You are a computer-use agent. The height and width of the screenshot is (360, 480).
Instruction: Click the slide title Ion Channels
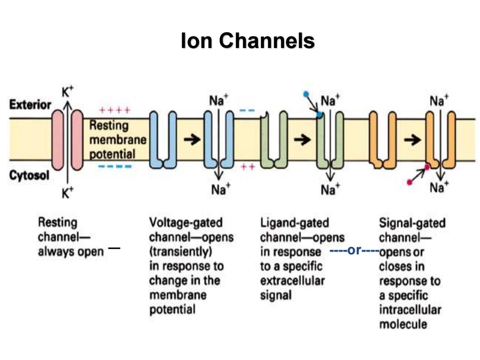click(x=248, y=40)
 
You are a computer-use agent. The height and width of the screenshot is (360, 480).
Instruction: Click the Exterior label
click(x=30, y=105)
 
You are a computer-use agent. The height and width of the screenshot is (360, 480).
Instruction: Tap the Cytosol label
click(x=29, y=176)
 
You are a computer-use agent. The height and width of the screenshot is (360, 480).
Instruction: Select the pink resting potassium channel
click(x=68, y=140)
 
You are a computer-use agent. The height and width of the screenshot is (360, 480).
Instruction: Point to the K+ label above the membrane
click(x=68, y=92)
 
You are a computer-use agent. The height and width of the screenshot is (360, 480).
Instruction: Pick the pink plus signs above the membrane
click(x=115, y=110)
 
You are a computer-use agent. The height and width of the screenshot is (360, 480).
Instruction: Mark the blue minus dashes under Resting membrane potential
click(x=115, y=167)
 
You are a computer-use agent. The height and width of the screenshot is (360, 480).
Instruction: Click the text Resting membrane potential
click(x=118, y=140)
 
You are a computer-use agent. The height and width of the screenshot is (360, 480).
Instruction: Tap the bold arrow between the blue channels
click(x=192, y=140)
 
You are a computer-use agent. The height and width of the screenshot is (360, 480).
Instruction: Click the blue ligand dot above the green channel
click(x=306, y=94)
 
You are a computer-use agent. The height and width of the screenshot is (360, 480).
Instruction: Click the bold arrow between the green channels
click(x=302, y=140)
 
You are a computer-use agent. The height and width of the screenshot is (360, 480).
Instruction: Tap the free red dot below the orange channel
click(x=410, y=183)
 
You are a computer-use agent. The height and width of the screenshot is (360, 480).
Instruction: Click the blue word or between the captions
click(x=355, y=250)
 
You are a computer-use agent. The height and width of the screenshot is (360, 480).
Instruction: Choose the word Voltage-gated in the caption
click(x=186, y=223)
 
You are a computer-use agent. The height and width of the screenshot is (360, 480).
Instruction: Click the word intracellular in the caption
click(x=410, y=310)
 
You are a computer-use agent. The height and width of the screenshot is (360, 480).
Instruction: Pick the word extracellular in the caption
click(x=292, y=281)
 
